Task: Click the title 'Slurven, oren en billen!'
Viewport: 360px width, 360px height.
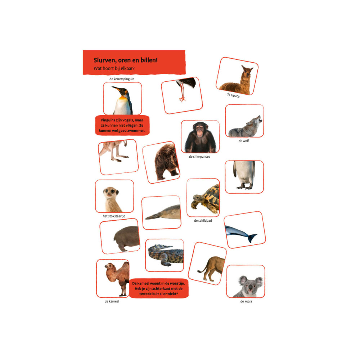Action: click(x=126, y=60)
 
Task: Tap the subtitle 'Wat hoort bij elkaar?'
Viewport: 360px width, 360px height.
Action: click(x=114, y=68)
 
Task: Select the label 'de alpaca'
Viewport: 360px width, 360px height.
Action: click(x=233, y=95)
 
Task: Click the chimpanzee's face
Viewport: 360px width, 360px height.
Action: click(x=200, y=130)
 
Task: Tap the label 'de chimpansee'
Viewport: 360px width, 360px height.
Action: click(x=199, y=157)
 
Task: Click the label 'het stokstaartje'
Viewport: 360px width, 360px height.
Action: click(x=114, y=216)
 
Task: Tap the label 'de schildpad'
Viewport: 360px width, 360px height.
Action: click(x=203, y=221)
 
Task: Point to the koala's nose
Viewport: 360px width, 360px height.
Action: click(x=251, y=287)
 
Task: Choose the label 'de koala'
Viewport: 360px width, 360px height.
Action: click(x=246, y=301)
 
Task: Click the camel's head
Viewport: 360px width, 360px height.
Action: click(x=110, y=267)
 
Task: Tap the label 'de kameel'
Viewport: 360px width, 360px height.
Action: click(x=112, y=301)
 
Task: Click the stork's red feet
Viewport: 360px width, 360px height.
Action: click(x=182, y=99)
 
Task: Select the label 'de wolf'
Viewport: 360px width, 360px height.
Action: click(x=244, y=141)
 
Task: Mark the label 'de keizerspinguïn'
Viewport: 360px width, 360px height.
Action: click(x=122, y=79)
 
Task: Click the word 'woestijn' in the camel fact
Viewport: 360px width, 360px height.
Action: click(x=177, y=284)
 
